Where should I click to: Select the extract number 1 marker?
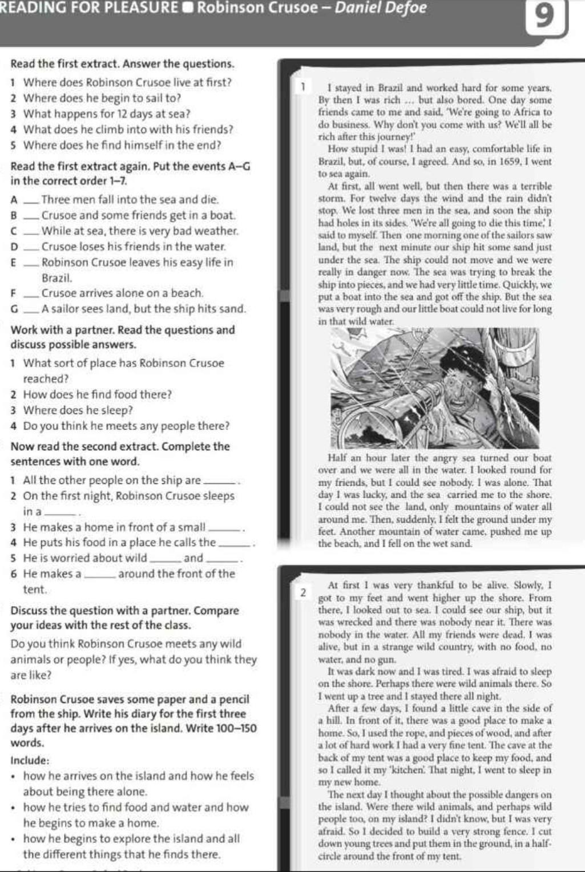(x=304, y=87)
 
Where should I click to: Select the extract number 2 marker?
(x=304, y=592)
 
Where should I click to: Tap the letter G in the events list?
(x=14, y=309)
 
